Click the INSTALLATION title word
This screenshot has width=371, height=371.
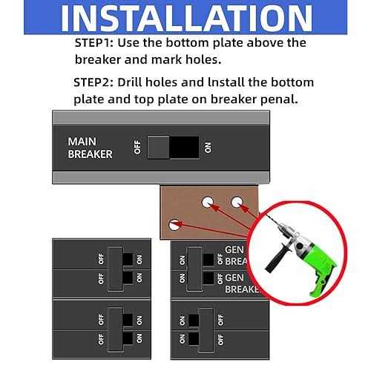tap(187, 19)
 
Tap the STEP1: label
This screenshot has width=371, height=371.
tap(94, 43)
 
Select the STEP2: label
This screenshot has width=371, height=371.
tap(93, 82)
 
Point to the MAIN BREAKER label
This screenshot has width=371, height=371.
tap(90, 148)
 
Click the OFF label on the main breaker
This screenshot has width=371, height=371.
tap(137, 147)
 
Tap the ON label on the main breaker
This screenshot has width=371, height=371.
tap(208, 148)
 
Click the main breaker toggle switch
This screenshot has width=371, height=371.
tap(173, 148)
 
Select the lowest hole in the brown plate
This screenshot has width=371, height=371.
tap(174, 225)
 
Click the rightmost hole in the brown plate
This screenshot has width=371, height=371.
tap(237, 203)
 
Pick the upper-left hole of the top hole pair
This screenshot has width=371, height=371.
tap(208, 203)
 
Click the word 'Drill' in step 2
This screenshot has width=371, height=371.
tap(130, 82)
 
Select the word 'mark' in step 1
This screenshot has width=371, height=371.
tap(166, 59)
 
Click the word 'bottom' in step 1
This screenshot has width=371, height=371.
tap(187, 42)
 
